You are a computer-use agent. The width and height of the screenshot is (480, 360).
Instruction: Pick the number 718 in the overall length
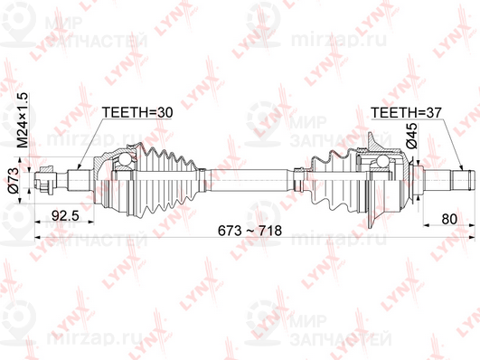(271, 232)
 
